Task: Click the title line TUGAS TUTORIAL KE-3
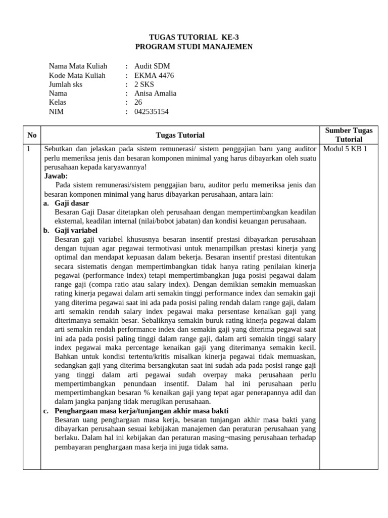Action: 194,37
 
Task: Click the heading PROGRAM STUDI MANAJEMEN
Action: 194,47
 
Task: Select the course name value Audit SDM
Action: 152,66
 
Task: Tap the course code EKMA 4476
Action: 154,75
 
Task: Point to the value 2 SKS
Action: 144,84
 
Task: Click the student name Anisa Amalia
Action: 155,94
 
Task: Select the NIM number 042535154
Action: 152,112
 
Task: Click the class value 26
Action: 138,103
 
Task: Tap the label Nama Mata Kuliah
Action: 78,66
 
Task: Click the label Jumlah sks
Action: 66,84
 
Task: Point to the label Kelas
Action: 58,103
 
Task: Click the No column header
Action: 32,135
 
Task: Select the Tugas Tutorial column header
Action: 180,135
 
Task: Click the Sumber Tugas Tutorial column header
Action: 349,135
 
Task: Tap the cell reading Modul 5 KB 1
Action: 345,149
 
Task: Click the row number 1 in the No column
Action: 29,149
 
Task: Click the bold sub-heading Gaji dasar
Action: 72,203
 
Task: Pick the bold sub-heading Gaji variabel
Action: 77,231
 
